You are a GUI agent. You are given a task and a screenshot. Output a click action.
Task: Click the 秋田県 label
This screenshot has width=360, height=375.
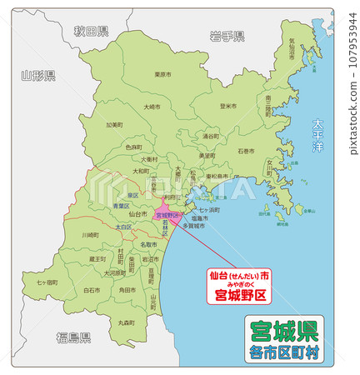click(91, 32)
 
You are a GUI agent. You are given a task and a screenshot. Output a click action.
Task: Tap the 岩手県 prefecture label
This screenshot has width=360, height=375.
click(227, 36)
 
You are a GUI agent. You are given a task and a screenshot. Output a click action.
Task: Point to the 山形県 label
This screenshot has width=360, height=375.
click(38, 76)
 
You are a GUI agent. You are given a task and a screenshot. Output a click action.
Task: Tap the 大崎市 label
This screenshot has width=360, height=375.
click(152, 107)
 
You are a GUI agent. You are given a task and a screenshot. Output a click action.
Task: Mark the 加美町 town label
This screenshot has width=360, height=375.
click(114, 125)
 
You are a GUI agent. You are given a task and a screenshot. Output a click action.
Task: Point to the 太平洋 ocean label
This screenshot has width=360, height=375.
click(317, 135)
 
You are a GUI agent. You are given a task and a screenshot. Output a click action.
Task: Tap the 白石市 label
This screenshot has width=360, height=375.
click(92, 290)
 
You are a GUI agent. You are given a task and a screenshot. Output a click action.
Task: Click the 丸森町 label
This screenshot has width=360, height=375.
click(126, 322)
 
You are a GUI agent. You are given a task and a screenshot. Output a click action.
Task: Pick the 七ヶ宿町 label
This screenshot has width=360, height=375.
click(47, 282)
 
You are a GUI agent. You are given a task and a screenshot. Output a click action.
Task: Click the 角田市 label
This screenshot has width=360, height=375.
click(127, 289)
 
